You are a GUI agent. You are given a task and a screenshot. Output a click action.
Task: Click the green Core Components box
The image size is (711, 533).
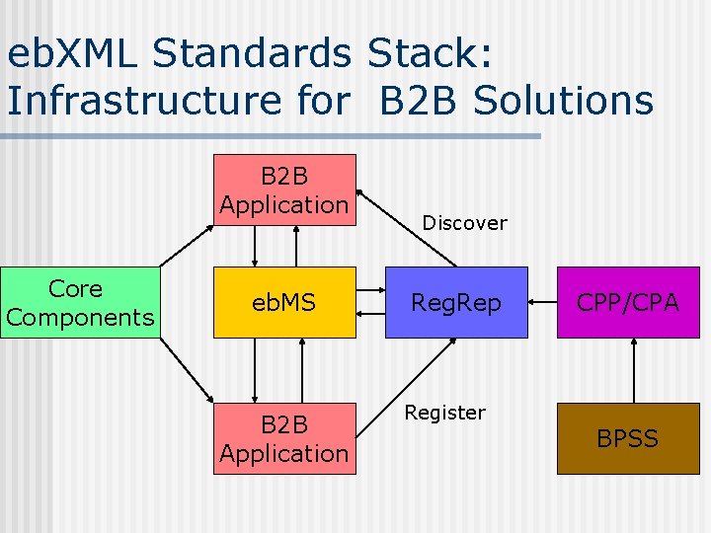click(x=79, y=303)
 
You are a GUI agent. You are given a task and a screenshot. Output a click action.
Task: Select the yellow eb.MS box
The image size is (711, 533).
click(x=283, y=303)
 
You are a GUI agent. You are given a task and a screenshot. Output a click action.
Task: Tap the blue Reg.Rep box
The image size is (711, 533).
click(x=455, y=303)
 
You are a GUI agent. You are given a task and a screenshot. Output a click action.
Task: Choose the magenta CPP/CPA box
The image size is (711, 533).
click(x=628, y=303)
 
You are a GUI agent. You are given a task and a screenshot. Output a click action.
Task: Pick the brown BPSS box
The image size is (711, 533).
click(x=628, y=438)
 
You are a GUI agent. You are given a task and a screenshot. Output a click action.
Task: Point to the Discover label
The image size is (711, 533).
click(x=464, y=223)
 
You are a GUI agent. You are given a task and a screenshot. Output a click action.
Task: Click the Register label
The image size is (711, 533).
click(x=444, y=413)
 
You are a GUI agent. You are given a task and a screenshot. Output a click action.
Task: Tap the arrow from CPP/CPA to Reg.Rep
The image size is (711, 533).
click(x=542, y=303)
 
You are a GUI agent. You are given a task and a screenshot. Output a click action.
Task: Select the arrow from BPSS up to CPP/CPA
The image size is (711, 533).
click(x=628, y=370)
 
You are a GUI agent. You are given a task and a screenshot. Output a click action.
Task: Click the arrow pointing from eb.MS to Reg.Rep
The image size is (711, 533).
click(x=370, y=292)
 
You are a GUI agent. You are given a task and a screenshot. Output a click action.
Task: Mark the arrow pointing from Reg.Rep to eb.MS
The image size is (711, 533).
click(x=370, y=314)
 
